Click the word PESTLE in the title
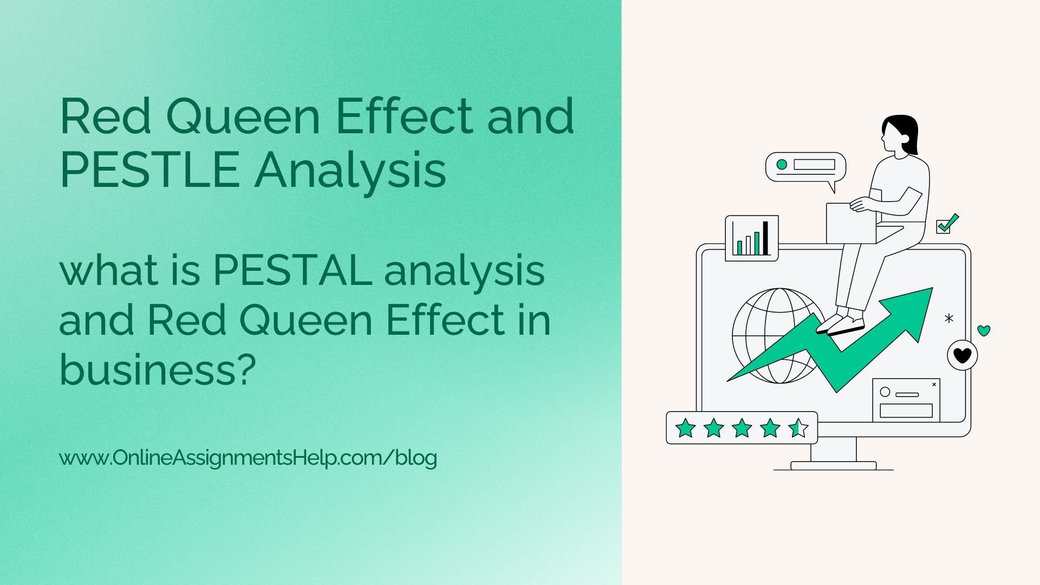pyautogui.click(x=149, y=171)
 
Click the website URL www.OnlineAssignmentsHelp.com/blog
pyautogui.click(x=248, y=458)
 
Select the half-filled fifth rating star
pyautogui.click(x=798, y=428)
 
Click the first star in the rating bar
pyautogui.click(x=685, y=428)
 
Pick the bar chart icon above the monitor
pyautogui.click(x=751, y=238)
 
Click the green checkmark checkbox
pyautogui.click(x=946, y=224)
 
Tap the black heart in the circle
pyautogui.click(x=962, y=356)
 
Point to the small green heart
pyautogui.click(x=984, y=330)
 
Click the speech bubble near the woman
pyautogui.click(x=805, y=166)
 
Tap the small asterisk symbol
pyautogui.click(x=948, y=318)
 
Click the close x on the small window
pyautogui.click(x=934, y=385)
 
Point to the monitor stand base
pyautogui.click(x=833, y=465)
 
